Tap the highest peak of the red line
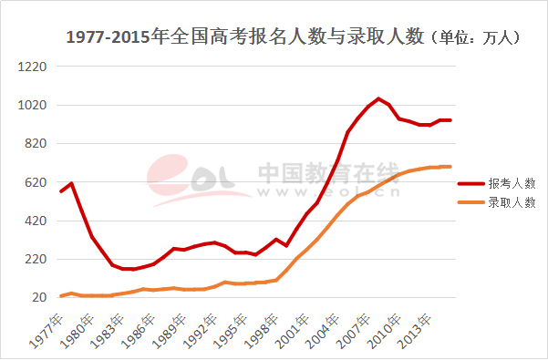click(x=377, y=98)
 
